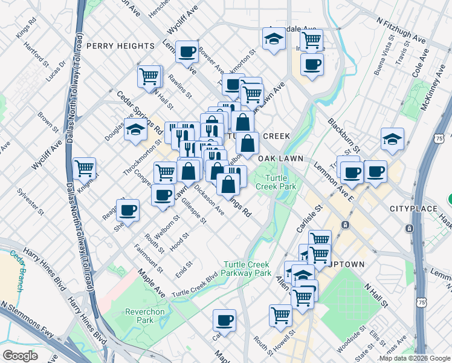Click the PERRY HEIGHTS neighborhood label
(x=120, y=46)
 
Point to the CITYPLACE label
(x=413, y=209)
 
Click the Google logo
(x=20, y=356)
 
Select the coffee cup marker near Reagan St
(x=128, y=210)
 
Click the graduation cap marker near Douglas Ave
(x=135, y=129)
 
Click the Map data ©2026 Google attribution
(x=415, y=358)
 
